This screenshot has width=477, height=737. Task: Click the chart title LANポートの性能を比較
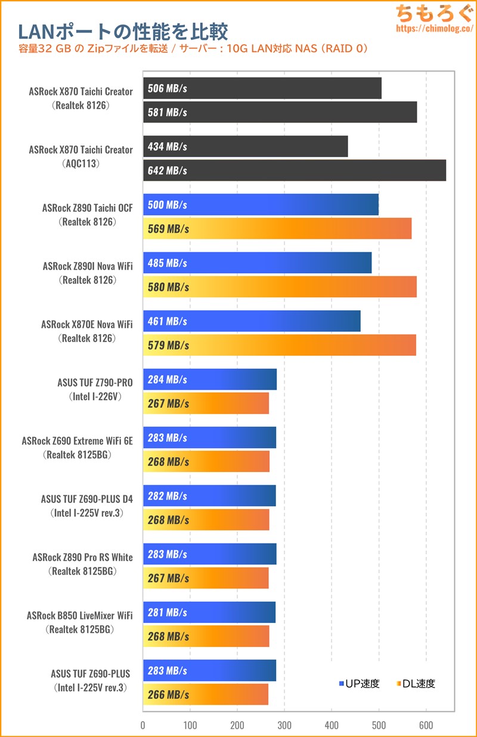pyautogui.click(x=123, y=31)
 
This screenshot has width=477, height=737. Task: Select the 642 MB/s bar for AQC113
pyautogui.click(x=295, y=171)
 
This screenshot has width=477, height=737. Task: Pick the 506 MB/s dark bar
pyautogui.click(x=262, y=88)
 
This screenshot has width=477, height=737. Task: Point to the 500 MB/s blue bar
pyautogui.click(x=261, y=205)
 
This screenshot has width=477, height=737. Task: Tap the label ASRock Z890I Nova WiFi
pyautogui.click(x=88, y=266)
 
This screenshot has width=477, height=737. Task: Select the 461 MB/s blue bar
pyautogui.click(x=252, y=321)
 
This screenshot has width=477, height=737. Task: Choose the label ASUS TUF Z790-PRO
pyautogui.click(x=95, y=383)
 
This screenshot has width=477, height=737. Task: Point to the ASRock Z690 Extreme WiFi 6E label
pyautogui.click(x=77, y=441)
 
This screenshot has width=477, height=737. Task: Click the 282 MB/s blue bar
pyautogui.click(x=209, y=496)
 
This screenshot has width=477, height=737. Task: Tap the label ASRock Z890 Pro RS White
pyautogui.click(x=82, y=557)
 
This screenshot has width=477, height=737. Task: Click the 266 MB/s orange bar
pyautogui.click(x=206, y=695)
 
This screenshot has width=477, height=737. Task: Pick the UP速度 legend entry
pyautogui.click(x=359, y=684)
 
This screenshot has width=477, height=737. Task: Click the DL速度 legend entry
pyautogui.click(x=415, y=684)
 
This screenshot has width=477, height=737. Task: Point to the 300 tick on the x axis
pyautogui.click(x=284, y=725)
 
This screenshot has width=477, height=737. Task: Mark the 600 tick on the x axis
pyautogui.click(x=426, y=725)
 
